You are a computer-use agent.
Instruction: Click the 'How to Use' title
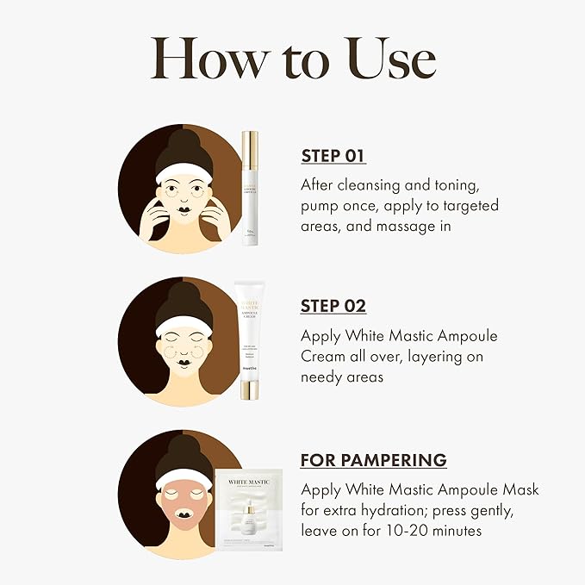coord(292,59)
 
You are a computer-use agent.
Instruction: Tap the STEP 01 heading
coord(333,156)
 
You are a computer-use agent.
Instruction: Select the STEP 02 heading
coord(333,306)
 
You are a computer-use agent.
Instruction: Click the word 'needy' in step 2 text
coord(321,377)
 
